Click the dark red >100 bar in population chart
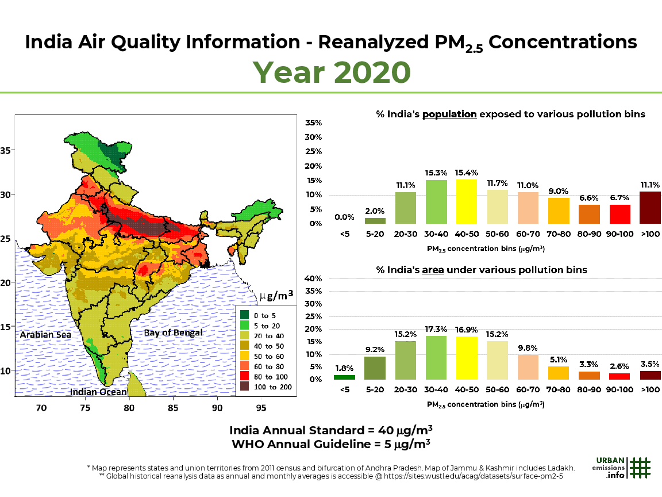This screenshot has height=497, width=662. [x=650, y=208]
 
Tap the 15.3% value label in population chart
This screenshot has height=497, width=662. [x=436, y=173]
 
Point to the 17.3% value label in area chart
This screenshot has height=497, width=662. [x=436, y=329]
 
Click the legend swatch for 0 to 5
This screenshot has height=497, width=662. [x=245, y=315]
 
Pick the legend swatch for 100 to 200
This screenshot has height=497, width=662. [x=245, y=387]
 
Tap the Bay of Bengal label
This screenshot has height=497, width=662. [x=173, y=332]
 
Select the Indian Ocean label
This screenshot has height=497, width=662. [x=98, y=392]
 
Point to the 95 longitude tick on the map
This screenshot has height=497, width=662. [x=261, y=408]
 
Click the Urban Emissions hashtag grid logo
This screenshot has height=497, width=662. [x=640, y=467]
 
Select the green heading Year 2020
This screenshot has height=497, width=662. [x=332, y=72]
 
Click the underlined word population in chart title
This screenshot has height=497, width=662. [x=449, y=114]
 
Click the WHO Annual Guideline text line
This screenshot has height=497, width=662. [x=331, y=444]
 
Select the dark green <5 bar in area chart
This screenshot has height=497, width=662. [x=344, y=377]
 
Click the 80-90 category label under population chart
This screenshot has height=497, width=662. [x=588, y=235]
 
